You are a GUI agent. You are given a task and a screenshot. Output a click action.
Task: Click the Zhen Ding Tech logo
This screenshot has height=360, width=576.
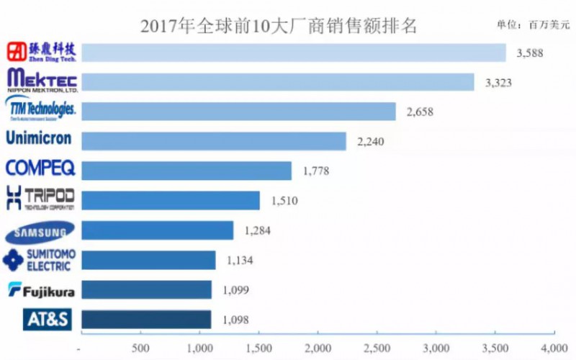pyautogui.click(x=42, y=52)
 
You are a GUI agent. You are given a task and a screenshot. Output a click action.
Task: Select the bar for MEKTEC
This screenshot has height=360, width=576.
pyautogui.click(x=277, y=82)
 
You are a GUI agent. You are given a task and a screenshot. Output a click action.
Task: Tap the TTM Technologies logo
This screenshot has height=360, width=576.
pyautogui.click(x=40, y=110)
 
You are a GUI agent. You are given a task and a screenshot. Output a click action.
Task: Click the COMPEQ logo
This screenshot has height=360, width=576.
pyautogui.click(x=40, y=168)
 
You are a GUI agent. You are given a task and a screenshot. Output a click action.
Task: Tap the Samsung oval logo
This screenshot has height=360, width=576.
pyautogui.click(x=40, y=232)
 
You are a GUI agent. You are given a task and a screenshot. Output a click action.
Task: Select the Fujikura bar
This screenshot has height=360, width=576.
pyautogui.click(x=147, y=289)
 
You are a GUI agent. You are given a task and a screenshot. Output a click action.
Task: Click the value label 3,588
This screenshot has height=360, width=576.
pyautogui.click(x=528, y=53)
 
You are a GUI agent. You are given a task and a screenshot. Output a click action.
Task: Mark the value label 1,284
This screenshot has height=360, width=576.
pyautogui.click(x=256, y=230)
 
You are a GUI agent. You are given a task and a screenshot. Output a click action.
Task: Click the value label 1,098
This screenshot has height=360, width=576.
pyautogui.click(x=234, y=319)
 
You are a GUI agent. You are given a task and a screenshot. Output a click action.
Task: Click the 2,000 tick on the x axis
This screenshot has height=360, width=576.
pyautogui.click(x=317, y=348)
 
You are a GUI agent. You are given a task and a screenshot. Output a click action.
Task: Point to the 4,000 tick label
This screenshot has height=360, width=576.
pyautogui.click(x=552, y=348)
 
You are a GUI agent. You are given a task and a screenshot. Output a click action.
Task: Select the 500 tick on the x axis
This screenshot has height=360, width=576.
pyautogui.click(x=140, y=348)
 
